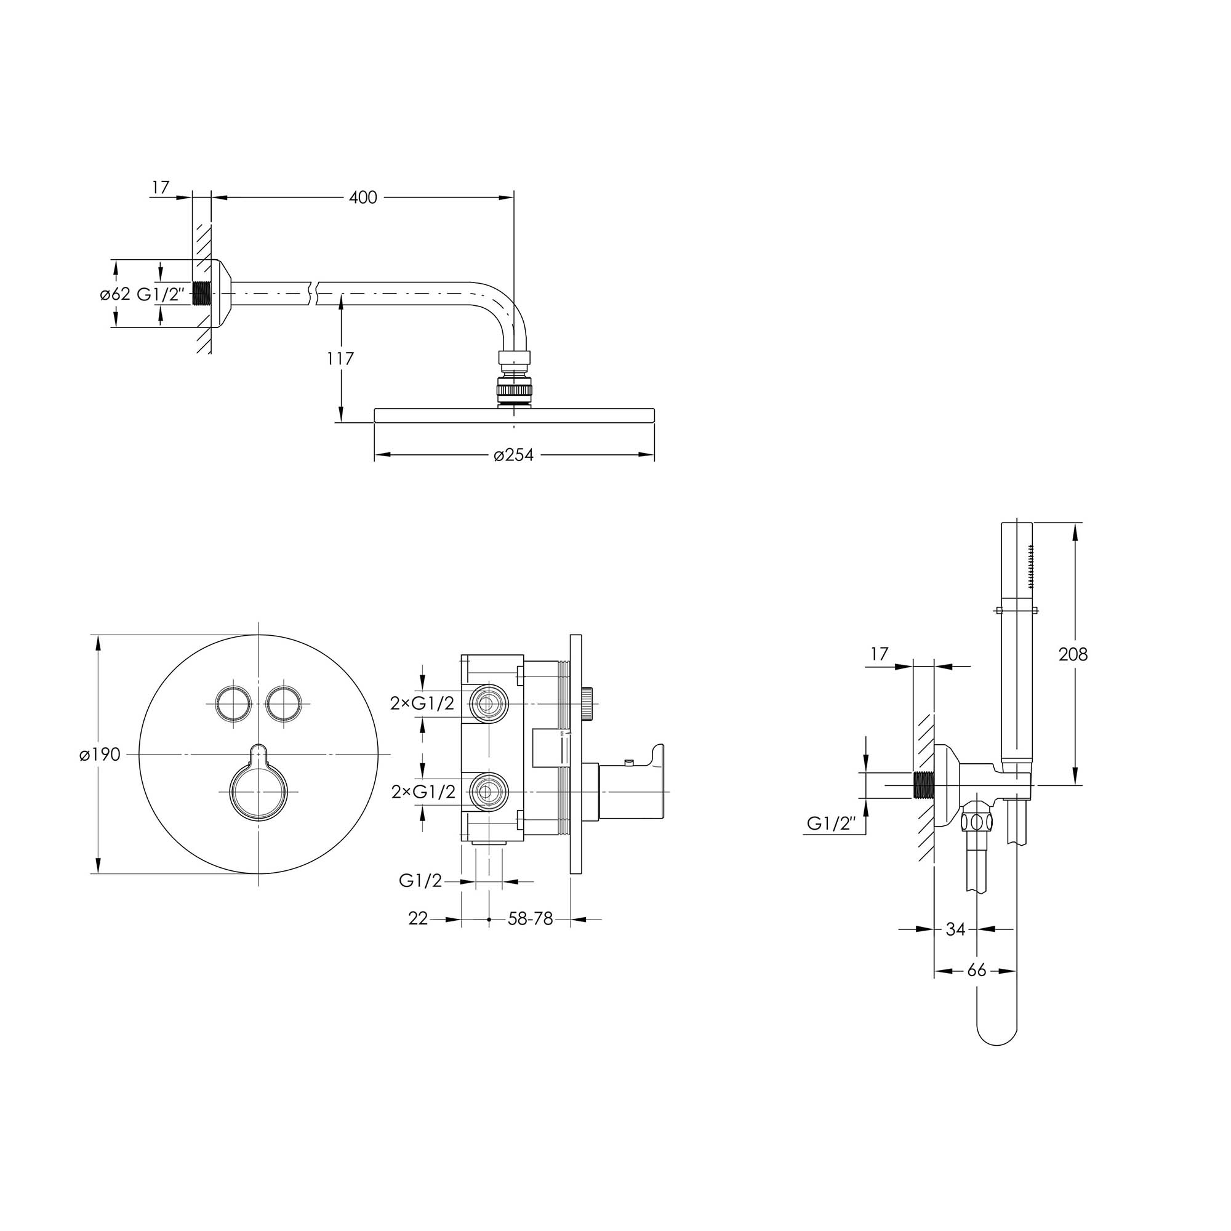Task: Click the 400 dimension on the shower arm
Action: [x=363, y=198]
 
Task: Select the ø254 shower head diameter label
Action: [x=513, y=455]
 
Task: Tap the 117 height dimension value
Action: [x=341, y=359]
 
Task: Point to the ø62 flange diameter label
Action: [x=114, y=294]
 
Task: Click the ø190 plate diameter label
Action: [x=100, y=755]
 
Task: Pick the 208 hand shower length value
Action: [x=1073, y=654]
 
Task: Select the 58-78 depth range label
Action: [x=530, y=920]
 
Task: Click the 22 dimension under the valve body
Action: [x=418, y=920]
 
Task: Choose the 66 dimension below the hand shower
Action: [x=976, y=971]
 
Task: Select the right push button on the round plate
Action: [x=283, y=704]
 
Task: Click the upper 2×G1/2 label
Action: [x=423, y=704]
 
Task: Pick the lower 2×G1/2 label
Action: [x=423, y=792]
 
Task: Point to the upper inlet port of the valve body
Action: [x=488, y=704]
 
